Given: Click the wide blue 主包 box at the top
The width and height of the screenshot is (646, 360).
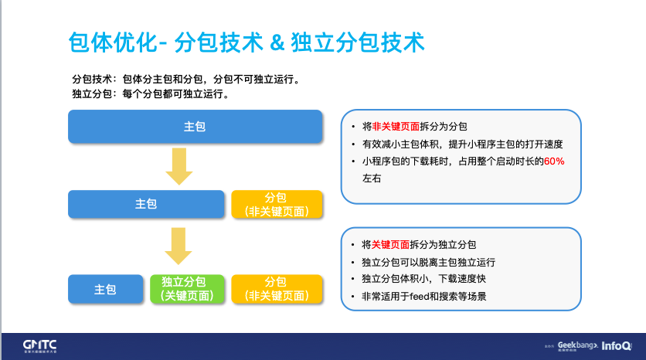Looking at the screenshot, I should (195, 127).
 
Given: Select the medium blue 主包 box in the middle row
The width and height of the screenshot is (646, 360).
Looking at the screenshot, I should (146, 204).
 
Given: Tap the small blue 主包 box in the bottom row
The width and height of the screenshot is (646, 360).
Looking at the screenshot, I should (105, 289).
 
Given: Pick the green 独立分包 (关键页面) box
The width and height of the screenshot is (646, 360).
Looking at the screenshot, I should (189, 289).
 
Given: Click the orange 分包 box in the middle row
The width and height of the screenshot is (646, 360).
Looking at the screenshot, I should (276, 204).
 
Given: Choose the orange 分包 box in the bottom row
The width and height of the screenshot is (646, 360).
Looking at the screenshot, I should (276, 289).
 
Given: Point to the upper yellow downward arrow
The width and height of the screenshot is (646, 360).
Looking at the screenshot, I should (179, 166).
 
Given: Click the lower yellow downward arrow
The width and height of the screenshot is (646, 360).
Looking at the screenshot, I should (179, 247).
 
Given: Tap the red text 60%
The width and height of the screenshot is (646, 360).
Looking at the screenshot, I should (554, 161).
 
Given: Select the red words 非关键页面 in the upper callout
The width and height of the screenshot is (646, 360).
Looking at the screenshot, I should (396, 126).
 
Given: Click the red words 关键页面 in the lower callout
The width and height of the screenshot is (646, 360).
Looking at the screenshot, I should (390, 244).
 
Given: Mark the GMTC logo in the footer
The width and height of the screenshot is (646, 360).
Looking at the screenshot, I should (39, 344).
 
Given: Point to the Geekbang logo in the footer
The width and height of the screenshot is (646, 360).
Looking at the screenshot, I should (576, 345).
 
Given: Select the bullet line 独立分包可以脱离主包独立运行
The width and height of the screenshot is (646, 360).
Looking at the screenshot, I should (429, 262).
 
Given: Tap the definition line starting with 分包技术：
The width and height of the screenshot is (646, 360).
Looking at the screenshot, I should (185, 80).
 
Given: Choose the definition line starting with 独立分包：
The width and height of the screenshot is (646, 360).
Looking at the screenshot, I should (150, 94).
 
